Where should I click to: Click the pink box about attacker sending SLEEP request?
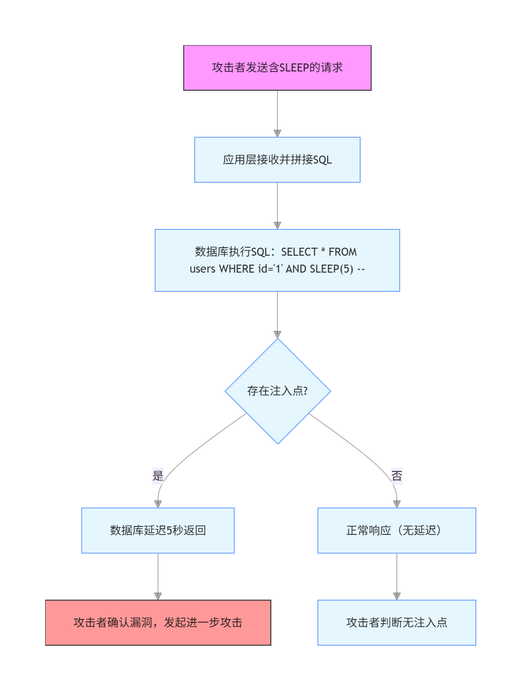[277, 68]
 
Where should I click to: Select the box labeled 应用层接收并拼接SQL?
[277, 160]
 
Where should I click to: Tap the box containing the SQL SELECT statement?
[277, 260]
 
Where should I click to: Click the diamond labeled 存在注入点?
[277, 391]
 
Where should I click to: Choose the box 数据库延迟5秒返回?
[158, 530]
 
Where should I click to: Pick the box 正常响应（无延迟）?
[396, 530]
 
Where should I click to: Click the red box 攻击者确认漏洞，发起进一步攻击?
[158, 622]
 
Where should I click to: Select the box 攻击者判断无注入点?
[396, 622]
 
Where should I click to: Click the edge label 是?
[158, 476]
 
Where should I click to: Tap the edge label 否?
[396, 476]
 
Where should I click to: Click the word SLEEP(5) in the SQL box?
[331, 269]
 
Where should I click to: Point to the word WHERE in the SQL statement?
[237, 269]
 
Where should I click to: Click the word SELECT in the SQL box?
[299, 252]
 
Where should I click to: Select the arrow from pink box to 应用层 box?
[277, 113]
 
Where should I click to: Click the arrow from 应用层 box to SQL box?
[277, 205]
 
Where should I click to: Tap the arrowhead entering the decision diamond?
[277, 335]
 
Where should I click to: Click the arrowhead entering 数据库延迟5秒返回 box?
[158, 504]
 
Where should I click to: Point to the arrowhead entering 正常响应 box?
[396, 504]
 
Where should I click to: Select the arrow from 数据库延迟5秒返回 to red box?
[158, 576]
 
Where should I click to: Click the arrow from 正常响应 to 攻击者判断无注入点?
[396, 576]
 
